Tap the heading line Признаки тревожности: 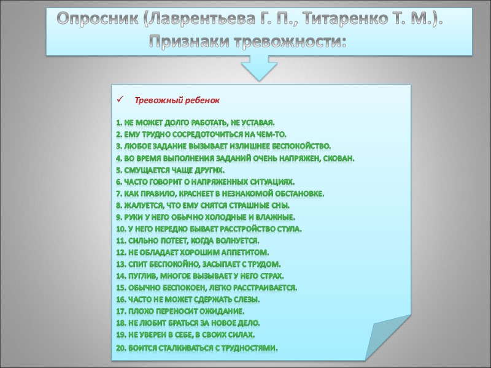(249, 42)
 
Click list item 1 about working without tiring (195, 122)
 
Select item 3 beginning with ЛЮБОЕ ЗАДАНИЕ (223, 145)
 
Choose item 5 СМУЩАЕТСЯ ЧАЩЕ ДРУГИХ (170, 169)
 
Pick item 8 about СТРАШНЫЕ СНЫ (202, 205)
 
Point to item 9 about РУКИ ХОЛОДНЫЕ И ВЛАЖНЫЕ (205, 217)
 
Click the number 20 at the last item (120, 348)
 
